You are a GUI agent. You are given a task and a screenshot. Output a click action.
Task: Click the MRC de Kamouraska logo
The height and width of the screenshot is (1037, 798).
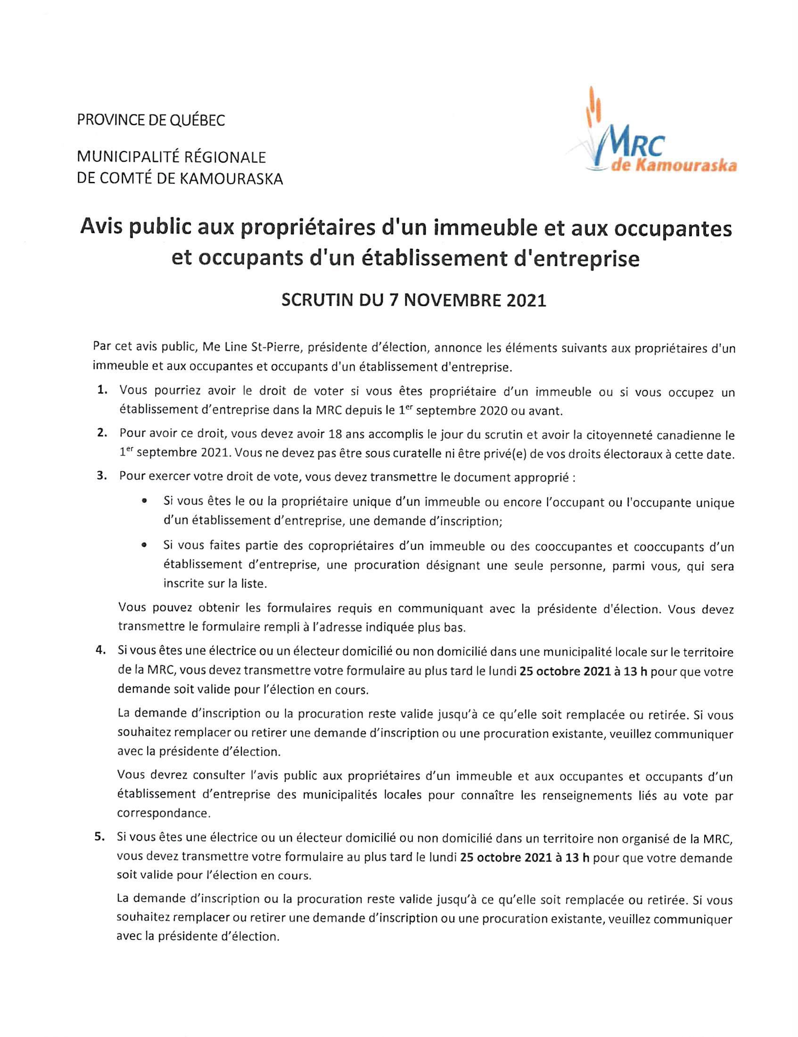651,138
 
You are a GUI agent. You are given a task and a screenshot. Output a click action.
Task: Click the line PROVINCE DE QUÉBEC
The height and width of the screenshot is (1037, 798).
151,120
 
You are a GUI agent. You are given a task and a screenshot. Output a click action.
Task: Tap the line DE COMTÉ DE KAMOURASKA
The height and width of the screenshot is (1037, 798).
180,179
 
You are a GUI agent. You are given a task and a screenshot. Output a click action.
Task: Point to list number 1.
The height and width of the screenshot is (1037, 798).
102,390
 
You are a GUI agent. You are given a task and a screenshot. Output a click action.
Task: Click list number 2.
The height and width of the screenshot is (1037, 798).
102,433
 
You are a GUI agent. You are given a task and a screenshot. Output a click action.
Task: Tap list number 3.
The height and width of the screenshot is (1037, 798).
102,476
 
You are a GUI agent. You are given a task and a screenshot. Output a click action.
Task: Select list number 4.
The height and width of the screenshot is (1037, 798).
101,652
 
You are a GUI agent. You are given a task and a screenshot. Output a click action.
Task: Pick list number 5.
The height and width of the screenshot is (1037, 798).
100,837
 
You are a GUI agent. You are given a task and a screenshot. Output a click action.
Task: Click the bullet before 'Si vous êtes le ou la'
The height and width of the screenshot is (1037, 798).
143,501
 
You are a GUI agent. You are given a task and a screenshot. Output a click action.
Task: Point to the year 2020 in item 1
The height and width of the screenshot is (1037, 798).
494,411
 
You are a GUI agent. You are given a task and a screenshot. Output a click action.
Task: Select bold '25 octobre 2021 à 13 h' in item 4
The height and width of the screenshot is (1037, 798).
584,672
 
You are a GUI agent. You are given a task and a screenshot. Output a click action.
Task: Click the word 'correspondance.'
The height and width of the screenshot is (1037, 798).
164,813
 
